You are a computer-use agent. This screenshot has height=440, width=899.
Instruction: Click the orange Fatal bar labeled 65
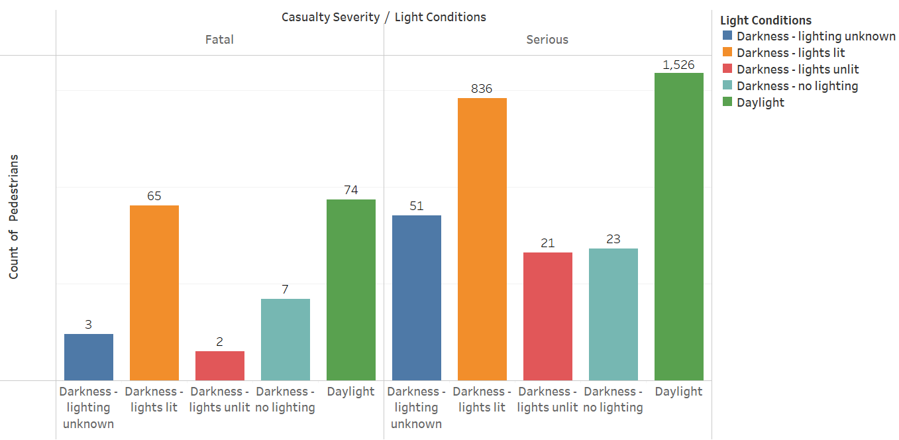tap(154, 292)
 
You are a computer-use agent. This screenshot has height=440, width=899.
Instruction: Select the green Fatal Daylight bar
tap(350, 290)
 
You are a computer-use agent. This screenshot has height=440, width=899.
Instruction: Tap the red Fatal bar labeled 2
tap(219, 365)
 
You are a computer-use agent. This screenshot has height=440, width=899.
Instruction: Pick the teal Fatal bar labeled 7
tap(285, 339)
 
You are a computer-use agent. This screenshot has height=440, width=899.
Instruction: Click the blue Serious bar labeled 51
tap(416, 298)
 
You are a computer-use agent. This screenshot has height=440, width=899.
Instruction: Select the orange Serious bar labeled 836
tap(482, 239)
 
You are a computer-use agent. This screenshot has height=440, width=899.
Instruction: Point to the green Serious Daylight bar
tap(678, 226)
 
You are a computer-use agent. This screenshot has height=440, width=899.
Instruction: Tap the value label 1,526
tap(678, 65)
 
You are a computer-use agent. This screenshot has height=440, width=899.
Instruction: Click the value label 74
tap(350, 190)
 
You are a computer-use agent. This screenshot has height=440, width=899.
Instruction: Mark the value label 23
tap(613, 239)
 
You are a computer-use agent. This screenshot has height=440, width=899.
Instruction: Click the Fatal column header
tap(219, 40)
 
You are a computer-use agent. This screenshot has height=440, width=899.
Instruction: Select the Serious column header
tap(547, 40)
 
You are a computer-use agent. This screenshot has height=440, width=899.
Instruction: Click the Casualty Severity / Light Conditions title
tap(384, 17)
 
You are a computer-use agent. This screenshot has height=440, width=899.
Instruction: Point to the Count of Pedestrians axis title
tap(14, 217)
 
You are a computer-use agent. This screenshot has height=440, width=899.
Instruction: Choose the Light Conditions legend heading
tap(765, 21)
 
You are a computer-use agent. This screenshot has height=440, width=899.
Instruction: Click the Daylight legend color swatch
tap(727, 102)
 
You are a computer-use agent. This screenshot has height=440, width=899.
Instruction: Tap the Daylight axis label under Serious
tap(678, 392)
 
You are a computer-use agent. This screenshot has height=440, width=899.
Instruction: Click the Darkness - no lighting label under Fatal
tap(285, 399)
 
